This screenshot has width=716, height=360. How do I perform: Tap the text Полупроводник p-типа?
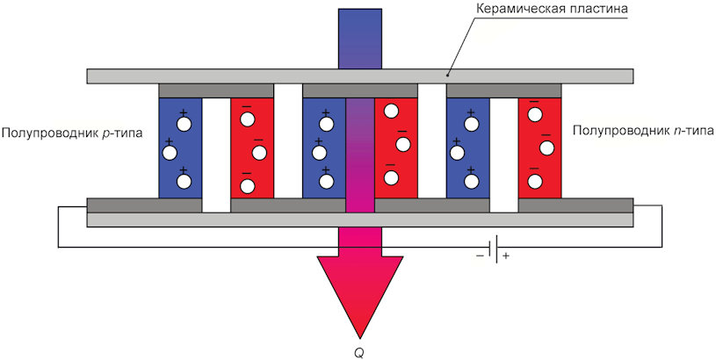coord(72,133)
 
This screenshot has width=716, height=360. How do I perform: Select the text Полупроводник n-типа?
coord(643,132)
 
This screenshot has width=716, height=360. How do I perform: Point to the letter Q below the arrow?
coord(359,353)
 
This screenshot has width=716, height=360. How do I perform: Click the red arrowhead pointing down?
coord(360,292)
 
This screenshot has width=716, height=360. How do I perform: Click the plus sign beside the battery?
coord(505,256)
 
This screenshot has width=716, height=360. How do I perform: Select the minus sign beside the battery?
coord(480,256)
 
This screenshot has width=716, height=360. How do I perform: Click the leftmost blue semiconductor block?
coord(180,148)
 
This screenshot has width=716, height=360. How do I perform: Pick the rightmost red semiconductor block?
coord(539,148)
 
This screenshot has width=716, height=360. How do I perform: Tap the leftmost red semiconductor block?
coord(252,148)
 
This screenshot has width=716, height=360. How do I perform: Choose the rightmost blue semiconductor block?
coord(467,148)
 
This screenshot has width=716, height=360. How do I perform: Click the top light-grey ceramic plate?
coord(360,76)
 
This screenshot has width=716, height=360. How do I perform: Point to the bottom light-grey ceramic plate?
coord(360,220)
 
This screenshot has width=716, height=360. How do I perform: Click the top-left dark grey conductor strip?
coord(216,90)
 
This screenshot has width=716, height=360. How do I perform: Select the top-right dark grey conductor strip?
coord(503,90)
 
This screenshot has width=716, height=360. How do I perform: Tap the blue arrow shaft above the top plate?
coord(360,39)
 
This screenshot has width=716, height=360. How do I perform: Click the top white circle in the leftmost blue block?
coord(184,124)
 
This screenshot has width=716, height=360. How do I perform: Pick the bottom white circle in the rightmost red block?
coord(533,181)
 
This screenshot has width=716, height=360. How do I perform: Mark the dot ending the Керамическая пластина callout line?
coord(447,76)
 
